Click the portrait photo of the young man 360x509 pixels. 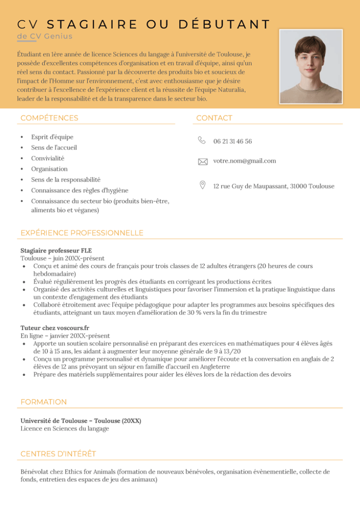[311, 67]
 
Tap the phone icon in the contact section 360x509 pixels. [202, 140]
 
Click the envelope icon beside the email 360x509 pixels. [202, 162]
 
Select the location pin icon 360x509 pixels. [202, 185]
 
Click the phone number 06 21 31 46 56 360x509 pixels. [232, 141]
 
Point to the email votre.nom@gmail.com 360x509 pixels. [244, 161]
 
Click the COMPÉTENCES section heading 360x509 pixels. [49, 118]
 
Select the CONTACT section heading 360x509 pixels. [214, 118]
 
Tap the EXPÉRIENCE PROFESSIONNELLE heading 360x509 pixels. [82, 233]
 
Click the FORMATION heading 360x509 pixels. [44, 402]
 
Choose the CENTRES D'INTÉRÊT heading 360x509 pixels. [58, 454]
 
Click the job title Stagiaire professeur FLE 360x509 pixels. [56, 251]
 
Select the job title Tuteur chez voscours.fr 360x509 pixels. [55, 328]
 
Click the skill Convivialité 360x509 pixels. [48, 158]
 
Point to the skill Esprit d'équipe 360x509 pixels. [52, 137]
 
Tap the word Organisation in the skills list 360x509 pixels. [49, 169]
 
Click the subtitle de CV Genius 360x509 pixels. [45, 36]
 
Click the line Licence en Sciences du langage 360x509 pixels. [65, 429]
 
